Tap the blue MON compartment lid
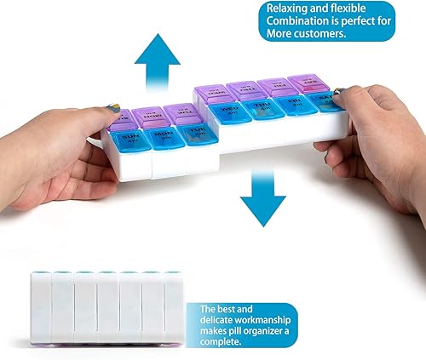(164, 138)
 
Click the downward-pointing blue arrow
(262, 196)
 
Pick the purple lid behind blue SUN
(121, 119)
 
